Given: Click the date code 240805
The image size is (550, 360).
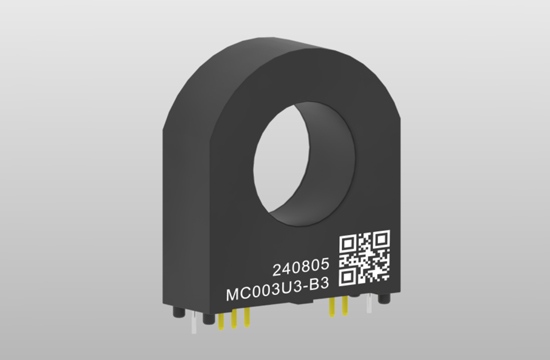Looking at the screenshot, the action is click(301, 268).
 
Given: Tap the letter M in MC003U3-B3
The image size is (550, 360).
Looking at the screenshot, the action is click(232, 295).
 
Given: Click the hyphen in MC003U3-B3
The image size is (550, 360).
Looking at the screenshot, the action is click(305, 288).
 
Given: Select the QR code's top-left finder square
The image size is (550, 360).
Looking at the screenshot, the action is click(347, 243).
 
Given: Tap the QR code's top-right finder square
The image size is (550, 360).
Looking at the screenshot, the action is click(381, 239).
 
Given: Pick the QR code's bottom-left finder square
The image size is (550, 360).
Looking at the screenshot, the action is click(347, 276).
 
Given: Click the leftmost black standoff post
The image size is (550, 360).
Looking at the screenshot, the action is click(178, 312).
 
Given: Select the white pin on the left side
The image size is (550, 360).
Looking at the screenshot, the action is click(193, 324).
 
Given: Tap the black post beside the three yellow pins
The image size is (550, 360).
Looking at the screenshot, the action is click(209, 318).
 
